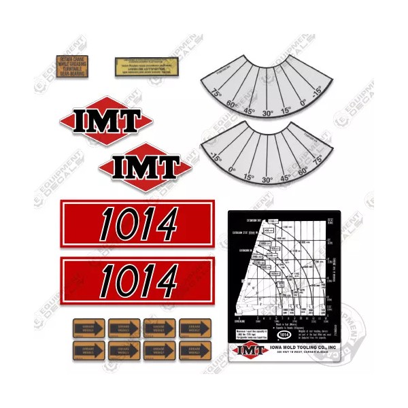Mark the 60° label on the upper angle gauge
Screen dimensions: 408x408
click(x=232, y=105)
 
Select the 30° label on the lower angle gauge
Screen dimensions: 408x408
click(x=267, y=181)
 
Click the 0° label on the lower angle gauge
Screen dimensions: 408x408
click(x=231, y=171)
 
